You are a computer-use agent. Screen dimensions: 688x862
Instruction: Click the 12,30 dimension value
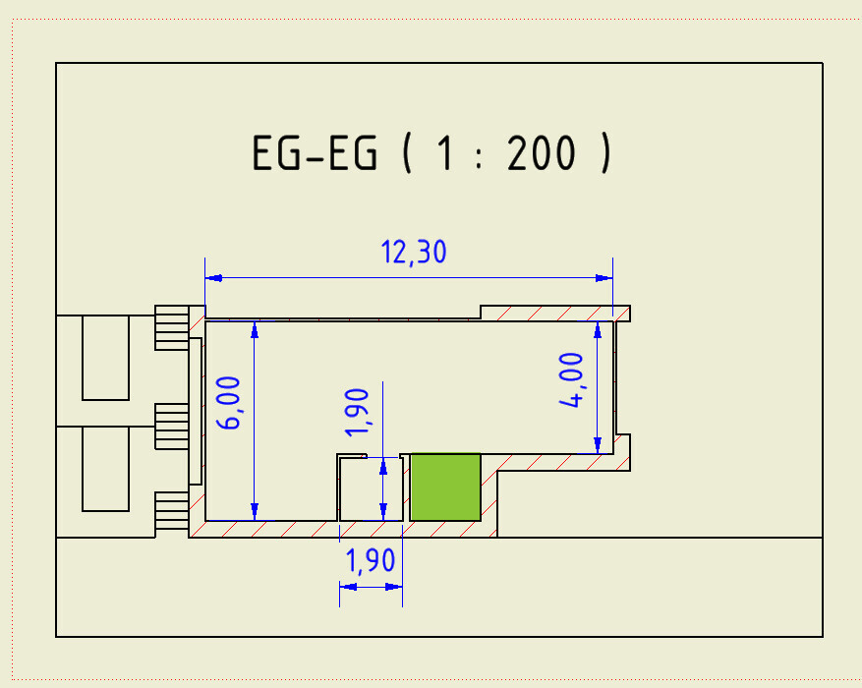413,253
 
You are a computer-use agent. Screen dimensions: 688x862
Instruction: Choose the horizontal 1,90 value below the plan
370,560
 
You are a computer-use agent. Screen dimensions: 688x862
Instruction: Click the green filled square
445,487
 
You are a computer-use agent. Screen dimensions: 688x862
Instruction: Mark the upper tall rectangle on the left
105,357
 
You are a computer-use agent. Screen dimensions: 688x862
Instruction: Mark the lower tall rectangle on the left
105,469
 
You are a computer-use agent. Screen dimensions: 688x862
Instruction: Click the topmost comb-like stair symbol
170,326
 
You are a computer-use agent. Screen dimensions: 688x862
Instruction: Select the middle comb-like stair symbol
170,426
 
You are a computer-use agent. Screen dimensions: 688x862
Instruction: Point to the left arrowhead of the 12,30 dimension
212,278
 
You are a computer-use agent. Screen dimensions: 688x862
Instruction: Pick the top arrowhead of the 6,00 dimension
255,328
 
